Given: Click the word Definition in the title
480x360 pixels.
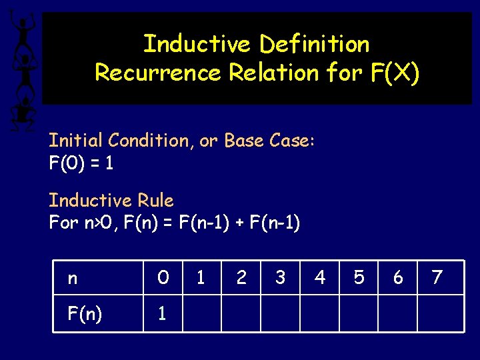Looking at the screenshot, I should [x=314, y=44].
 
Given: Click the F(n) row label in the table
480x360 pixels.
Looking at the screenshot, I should [x=85, y=313].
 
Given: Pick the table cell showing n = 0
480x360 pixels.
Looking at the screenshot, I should [x=163, y=277].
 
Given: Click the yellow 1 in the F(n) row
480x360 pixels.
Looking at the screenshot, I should [x=161, y=313].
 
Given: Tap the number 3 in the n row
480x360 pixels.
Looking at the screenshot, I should [x=280, y=277].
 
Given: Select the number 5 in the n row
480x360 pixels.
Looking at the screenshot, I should [x=359, y=277].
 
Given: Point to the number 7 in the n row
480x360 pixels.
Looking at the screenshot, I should [x=437, y=277].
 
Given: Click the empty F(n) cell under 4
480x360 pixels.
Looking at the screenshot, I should [x=319, y=313].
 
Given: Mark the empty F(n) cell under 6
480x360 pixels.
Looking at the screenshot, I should [x=398, y=313].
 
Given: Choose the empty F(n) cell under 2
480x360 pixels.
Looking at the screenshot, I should [x=241, y=313].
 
